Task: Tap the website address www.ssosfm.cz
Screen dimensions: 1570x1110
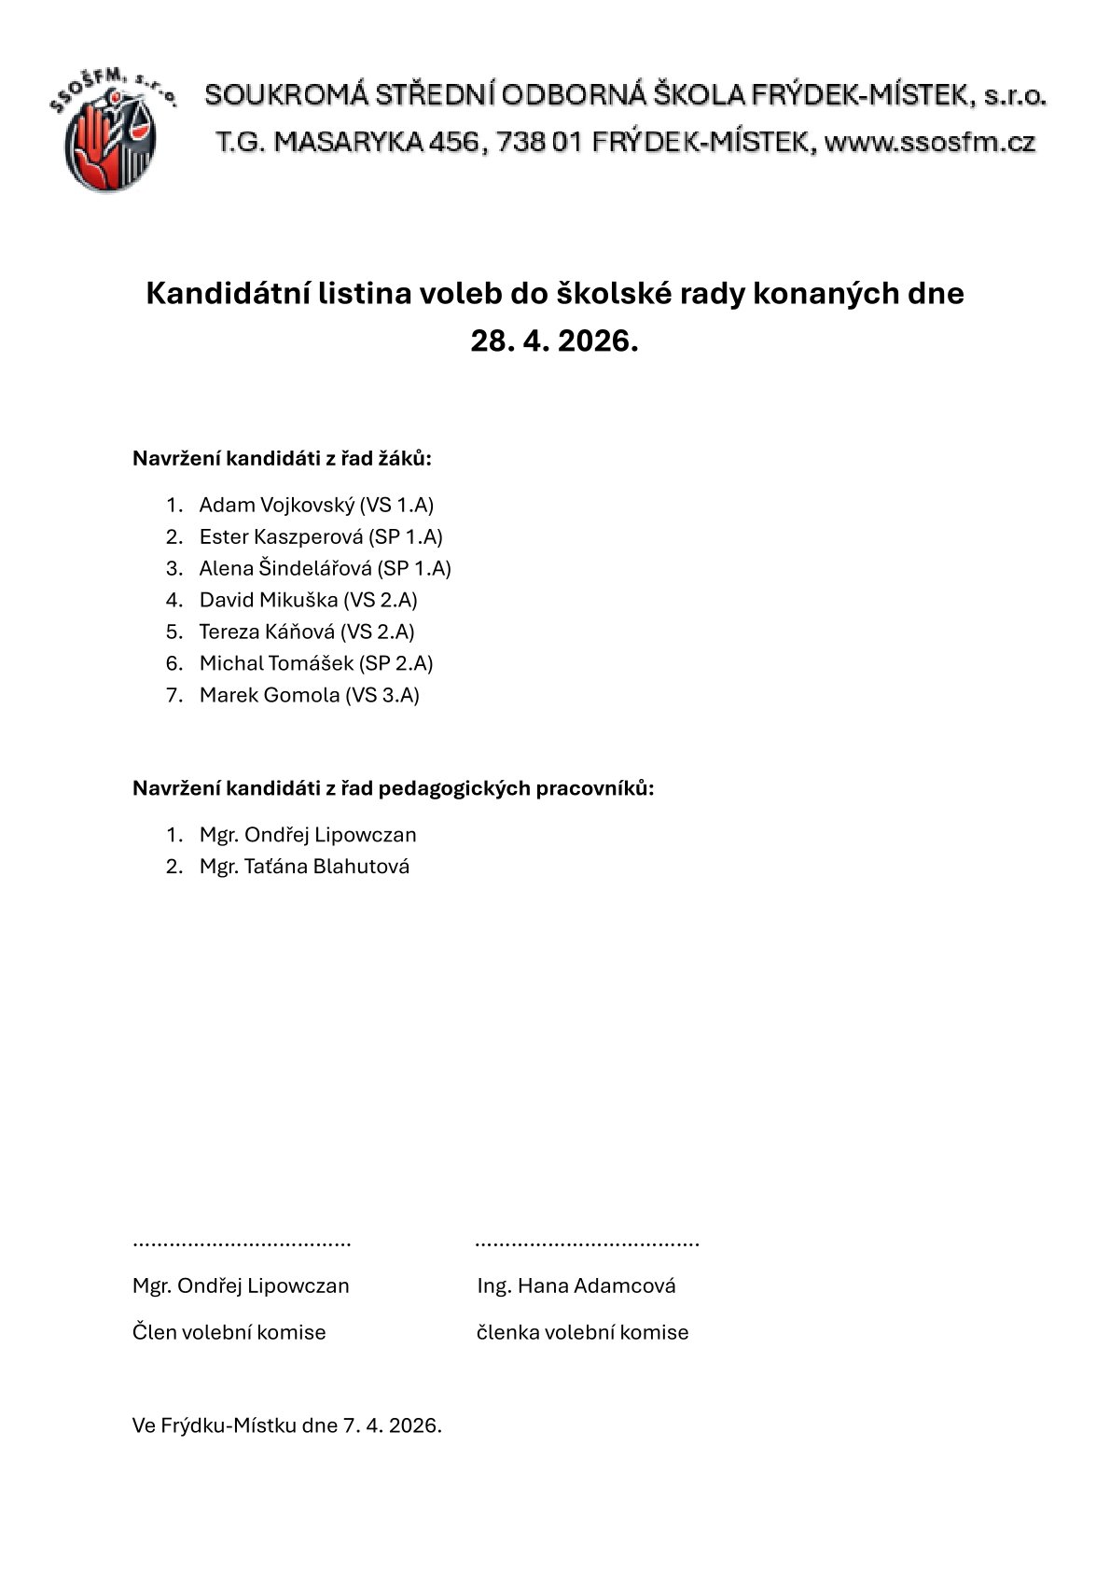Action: pyautogui.click(x=930, y=143)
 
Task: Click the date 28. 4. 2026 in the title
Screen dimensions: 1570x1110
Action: pyautogui.click(x=554, y=341)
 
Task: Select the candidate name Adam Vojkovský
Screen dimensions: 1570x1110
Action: pyautogui.click(x=277, y=506)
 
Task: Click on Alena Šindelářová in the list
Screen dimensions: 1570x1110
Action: pyautogui.click(x=285, y=569)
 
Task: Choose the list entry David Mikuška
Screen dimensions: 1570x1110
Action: pyautogui.click(x=269, y=601)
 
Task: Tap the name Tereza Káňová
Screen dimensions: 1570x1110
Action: pyautogui.click(x=267, y=632)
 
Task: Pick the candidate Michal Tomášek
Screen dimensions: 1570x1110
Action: pyautogui.click(x=276, y=664)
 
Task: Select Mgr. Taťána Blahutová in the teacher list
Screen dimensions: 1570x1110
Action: pyautogui.click(x=304, y=867)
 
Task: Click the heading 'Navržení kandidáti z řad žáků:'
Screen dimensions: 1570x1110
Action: pyautogui.click(x=283, y=459)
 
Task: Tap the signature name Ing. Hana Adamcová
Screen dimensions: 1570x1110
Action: pyautogui.click(x=576, y=1286)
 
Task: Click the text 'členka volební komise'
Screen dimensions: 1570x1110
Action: pyautogui.click(x=582, y=1333)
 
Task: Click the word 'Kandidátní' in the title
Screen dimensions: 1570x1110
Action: pyautogui.click(x=226, y=294)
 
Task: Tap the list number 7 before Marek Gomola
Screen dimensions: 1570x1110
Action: pyautogui.click(x=173, y=696)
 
